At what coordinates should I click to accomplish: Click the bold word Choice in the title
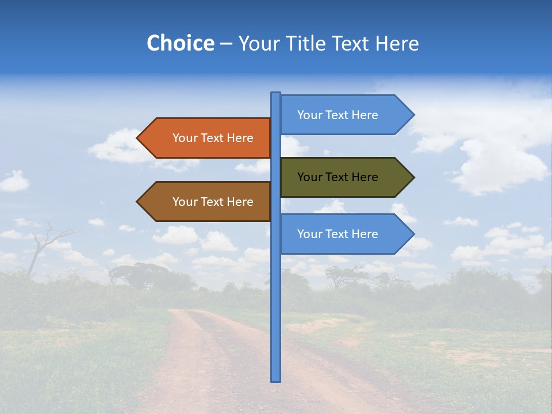coord(180,43)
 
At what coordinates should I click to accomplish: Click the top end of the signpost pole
coord(275,94)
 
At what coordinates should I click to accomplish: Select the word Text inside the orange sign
coord(213,138)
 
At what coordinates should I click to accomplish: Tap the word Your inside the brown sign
coord(185,202)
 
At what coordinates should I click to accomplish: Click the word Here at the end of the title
coord(397,43)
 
